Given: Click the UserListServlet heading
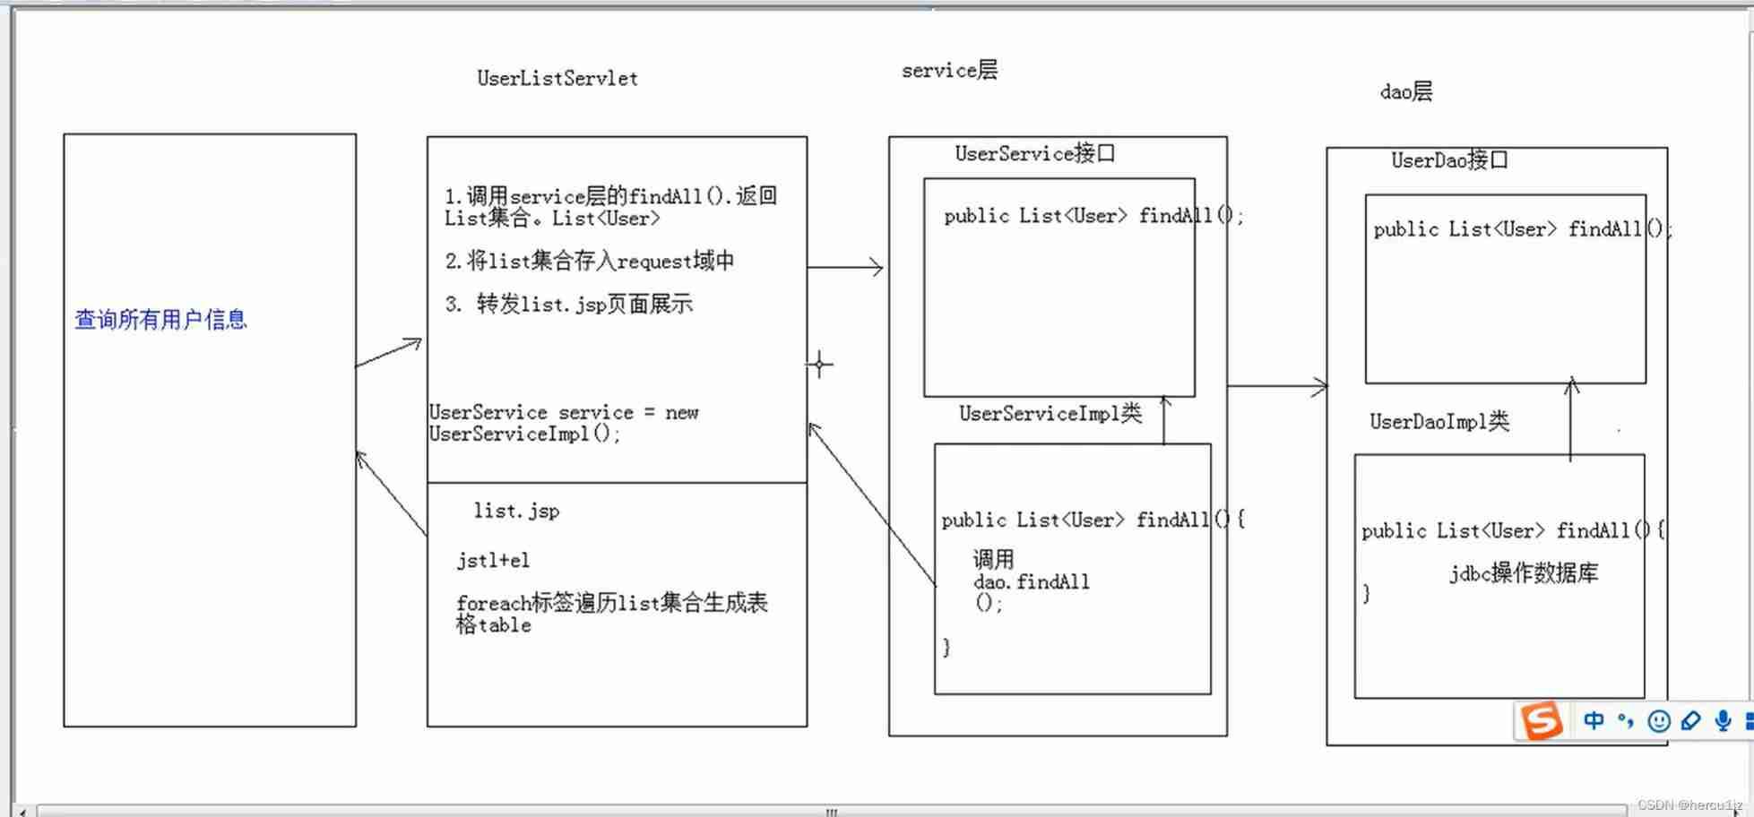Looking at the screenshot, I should coord(557,79).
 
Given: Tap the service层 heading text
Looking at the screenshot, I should coord(948,71).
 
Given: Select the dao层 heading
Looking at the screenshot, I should coord(1405,91).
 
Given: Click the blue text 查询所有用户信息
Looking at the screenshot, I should coord(160,320).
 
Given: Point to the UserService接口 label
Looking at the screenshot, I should coord(1034,154).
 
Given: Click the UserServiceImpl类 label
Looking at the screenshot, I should coord(1050,414).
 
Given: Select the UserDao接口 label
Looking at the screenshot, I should coord(1448,161).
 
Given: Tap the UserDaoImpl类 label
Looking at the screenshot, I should coord(1439,422).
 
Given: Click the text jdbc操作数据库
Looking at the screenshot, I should coord(1524,573).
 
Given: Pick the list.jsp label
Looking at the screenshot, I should coord(516,512).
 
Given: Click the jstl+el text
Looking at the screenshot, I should coord(493,561).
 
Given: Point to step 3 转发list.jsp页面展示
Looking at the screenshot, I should coord(569,305).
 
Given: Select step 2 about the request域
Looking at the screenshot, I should coord(590,262).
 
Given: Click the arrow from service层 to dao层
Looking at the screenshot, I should coord(1276,386).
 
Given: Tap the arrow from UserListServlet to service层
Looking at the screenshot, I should coord(845,267).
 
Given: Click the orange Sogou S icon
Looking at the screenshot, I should coord(1542,721).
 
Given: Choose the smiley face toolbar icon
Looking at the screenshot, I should coord(1659,721).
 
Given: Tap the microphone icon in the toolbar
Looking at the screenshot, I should coord(1723,721).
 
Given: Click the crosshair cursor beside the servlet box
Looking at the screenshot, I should coord(819,365).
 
